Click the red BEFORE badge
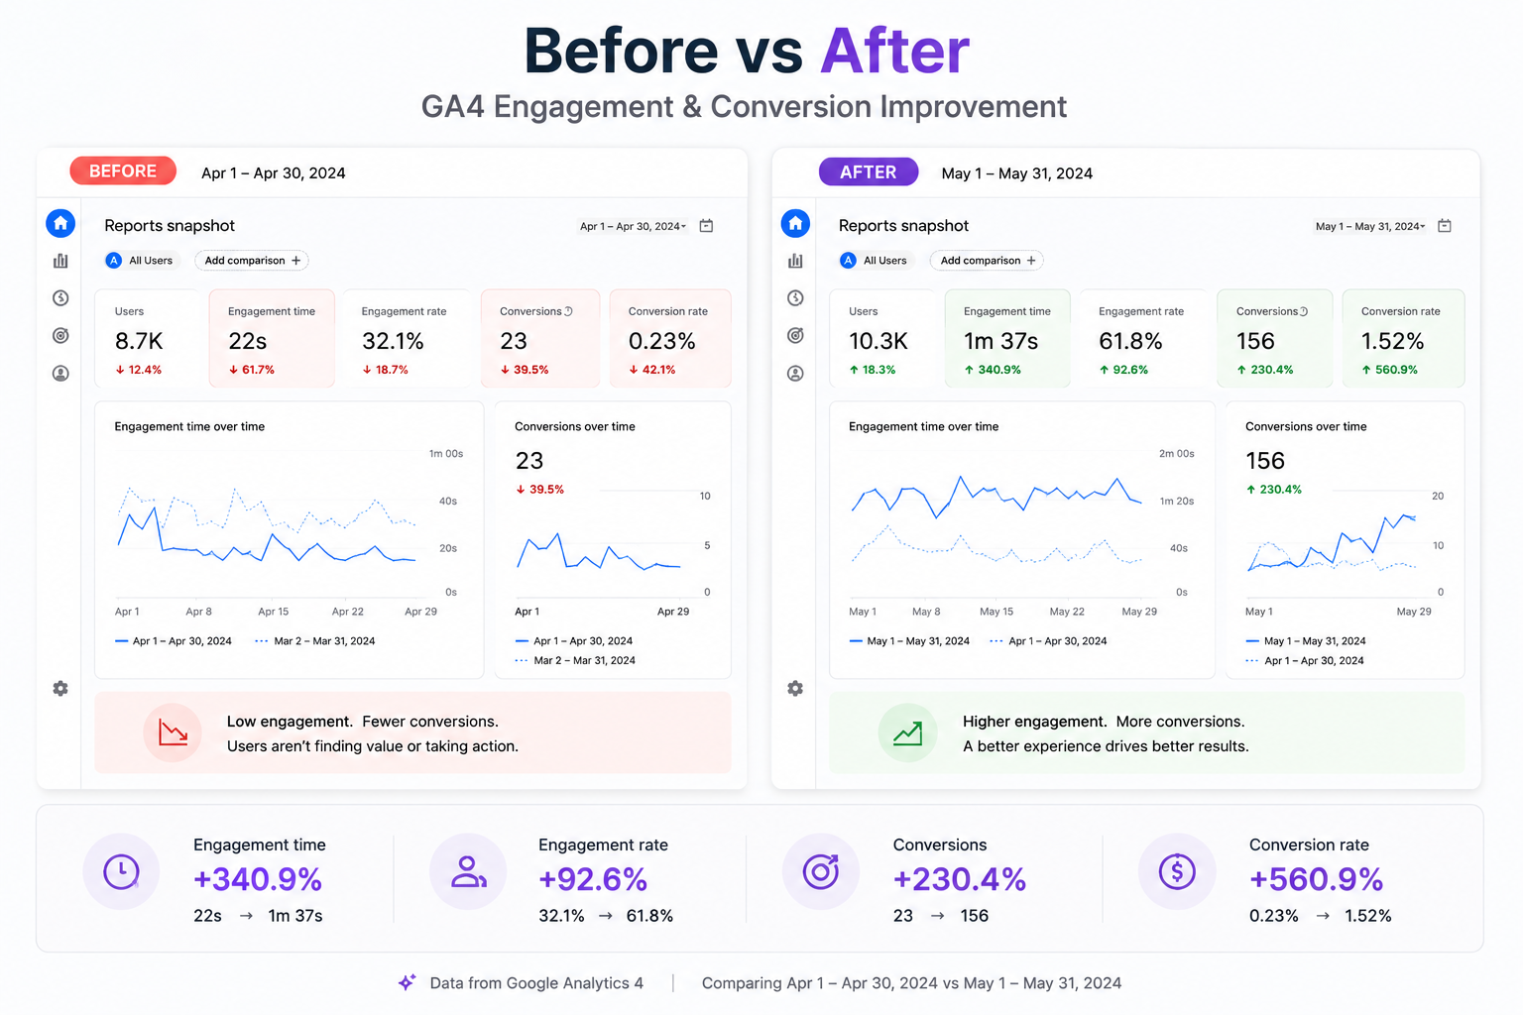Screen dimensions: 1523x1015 [x=123, y=171]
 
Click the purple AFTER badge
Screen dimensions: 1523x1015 [x=869, y=172]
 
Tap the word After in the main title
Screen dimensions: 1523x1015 [x=894, y=51]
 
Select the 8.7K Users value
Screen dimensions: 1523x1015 [x=139, y=341]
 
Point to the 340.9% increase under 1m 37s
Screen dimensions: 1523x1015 [x=992, y=370]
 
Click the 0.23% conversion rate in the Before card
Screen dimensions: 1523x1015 [x=661, y=341]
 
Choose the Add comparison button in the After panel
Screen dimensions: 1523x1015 [x=988, y=261]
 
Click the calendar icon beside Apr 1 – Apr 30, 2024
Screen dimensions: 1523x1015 [x=706, y=226]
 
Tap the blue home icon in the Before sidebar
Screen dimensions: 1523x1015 [x=60, y=223]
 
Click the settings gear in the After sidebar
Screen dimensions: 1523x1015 [x=795, y=689]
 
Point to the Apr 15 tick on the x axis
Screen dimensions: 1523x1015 [x=274, y=612]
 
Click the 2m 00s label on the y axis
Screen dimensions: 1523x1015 [x=1176, y=453]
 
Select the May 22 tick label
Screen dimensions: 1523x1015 [x=1067, y=612]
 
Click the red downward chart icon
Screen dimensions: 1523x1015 [x=173, y=733]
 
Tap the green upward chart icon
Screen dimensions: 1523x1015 [x=907, y=733]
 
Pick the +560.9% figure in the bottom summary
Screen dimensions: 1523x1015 [x=1317, y=879]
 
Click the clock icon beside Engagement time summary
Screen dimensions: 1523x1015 [x=122, y=871]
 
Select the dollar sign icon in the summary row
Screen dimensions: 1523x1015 [x=1177, y=871]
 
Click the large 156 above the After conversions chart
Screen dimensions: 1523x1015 [x=1264, y=461]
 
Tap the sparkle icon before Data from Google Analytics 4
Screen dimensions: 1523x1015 [x=408, y=982]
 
